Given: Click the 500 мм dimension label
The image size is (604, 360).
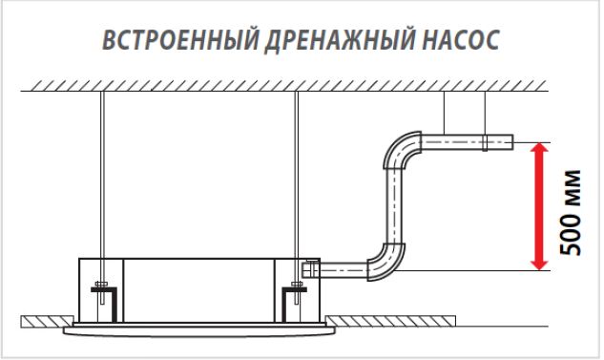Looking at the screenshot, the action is click(570, 212).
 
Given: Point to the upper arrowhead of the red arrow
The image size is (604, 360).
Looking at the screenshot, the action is click(540, 148).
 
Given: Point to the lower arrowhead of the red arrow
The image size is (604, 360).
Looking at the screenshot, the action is click(540, 265).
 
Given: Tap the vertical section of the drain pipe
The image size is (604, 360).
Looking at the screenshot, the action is click(394, 206).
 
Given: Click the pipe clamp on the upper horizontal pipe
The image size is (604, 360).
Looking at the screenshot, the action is click(485, 142).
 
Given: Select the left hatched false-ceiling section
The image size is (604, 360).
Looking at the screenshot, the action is click(47, 322).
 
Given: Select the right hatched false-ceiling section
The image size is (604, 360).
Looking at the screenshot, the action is click(390, 321).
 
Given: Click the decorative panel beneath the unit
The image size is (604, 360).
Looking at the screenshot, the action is click(199, 331).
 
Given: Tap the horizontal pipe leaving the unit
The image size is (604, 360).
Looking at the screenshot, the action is click(344, 270).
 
